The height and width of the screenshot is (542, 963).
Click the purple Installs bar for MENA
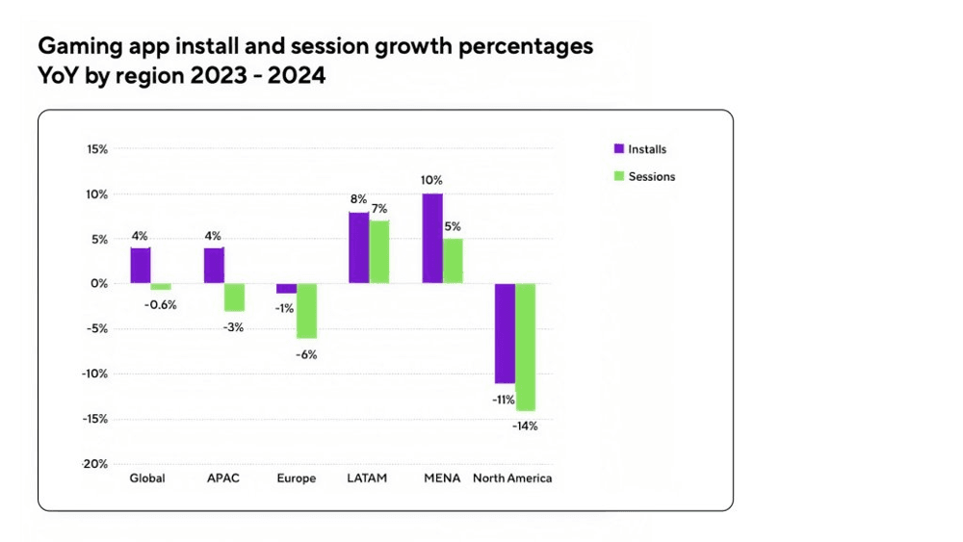[432, 239]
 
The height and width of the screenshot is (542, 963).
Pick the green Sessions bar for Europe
[306, 311]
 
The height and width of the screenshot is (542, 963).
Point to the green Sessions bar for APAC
[234, 297]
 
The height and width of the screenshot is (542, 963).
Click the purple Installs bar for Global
[141, 266]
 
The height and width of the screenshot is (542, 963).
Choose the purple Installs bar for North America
[505, 333]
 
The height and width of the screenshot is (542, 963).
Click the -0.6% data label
[161, 305]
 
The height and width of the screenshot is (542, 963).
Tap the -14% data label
[525, 426]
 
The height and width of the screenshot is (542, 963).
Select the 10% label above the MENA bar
[431, 180]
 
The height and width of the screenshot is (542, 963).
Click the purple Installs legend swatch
[619, 149]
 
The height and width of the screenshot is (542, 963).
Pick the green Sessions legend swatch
[619, 176]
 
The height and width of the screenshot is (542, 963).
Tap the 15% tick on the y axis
[96, 149]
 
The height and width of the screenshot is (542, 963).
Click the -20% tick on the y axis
[94, 464]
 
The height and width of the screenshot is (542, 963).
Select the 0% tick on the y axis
[99, 284]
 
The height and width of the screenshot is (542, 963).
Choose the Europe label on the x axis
[296, 478]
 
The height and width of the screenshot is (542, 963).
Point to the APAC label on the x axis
[223, 478]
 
